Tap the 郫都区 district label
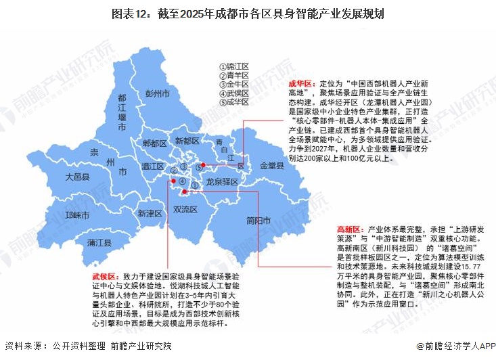(155, 143)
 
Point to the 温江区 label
(154, 166)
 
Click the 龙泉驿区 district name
(223, 182)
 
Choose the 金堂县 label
(271, 165)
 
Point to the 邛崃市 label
(77, 215)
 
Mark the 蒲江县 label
(99, 242)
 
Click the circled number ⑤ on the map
(198, 166)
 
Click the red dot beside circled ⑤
(203, 164)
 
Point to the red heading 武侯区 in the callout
(105, 277)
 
